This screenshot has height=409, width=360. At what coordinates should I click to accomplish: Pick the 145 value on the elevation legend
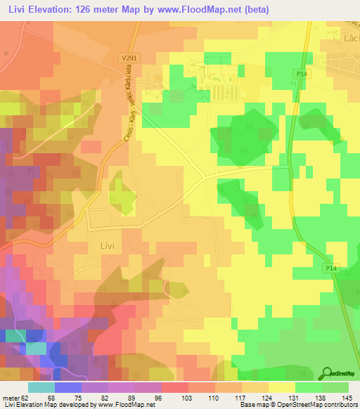pyautogui.click(x=346, y=397)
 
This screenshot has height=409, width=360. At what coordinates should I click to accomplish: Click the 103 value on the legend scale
pyautogui.click(x=186, y=397)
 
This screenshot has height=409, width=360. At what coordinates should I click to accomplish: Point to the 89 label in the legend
pyautogui.click(x=133, y=397)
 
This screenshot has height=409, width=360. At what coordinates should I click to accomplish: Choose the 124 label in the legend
pyautogui.click(x=266, y=397)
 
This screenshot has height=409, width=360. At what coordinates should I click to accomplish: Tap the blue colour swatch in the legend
pyautogui.click(x=67, y=387)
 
